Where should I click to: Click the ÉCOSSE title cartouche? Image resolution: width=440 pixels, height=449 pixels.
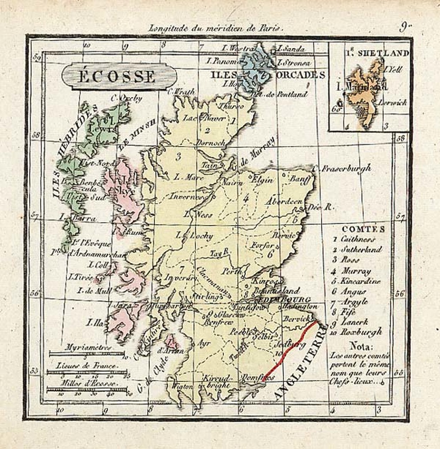[119, 76]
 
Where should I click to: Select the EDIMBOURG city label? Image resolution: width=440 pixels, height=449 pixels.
[285, 299]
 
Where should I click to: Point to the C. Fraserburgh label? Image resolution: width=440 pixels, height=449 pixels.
[342, 169]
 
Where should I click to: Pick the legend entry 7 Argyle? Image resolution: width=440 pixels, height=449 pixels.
[351, 302]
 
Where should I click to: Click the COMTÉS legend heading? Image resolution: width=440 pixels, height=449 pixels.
[364, 229]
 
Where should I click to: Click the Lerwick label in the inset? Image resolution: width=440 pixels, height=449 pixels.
[392, 102]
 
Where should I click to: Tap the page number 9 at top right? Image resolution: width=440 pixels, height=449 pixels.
[404, 27]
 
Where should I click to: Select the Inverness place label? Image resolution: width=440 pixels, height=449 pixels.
[186, 197]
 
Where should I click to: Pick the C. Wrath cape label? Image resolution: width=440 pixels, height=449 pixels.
[181, 91]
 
